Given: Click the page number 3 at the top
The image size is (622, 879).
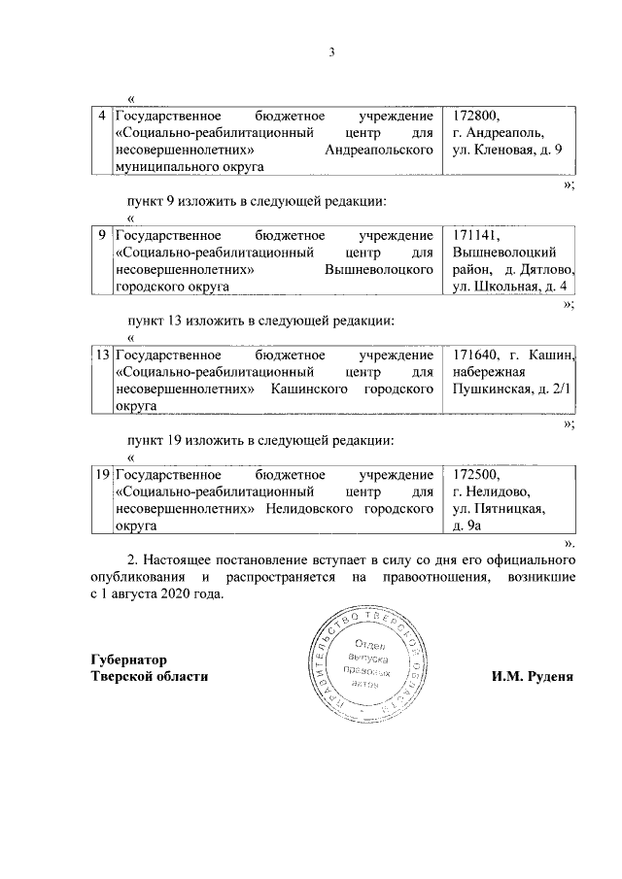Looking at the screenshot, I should (x=330, y=52).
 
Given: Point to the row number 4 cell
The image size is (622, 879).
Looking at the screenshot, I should (x=103, y=115).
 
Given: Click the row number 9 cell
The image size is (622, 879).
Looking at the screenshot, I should (x=103, y=236).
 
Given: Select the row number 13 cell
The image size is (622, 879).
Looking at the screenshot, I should (x=102, y=355).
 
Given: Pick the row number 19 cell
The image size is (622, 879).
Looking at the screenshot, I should (x=102, y=475).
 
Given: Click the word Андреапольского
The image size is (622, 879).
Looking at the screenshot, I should (x=379, y=151).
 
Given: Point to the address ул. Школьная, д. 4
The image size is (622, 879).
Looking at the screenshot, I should (x=507, y=288).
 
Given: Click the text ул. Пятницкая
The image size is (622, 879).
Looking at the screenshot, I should (x=499, y=509).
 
